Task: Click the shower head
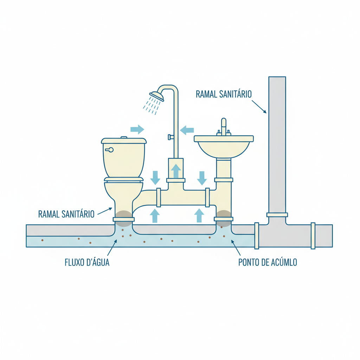pyautogui.click(x=157, y=96)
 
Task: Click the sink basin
pyautogui.click(x=224, y=148)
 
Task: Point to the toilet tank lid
pyautogui.click(x=124, y=141)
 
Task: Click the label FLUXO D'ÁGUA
pyautogui.click(x=87, y=262)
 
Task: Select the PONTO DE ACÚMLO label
pyautogui.click(x=268, y=262)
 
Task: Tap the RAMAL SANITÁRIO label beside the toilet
pyautogui.click(x=66, y=214)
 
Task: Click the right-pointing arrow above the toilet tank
pyautogui.click(x=137, y=129)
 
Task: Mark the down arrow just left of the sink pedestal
pyautogui.click(x=202, y=178)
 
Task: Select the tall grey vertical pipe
pyautogui.click(x=277, y=144)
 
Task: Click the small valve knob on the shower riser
pyautogui.click(x=170, y=137)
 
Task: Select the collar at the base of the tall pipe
pyautogui.click(x=277, y=214)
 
